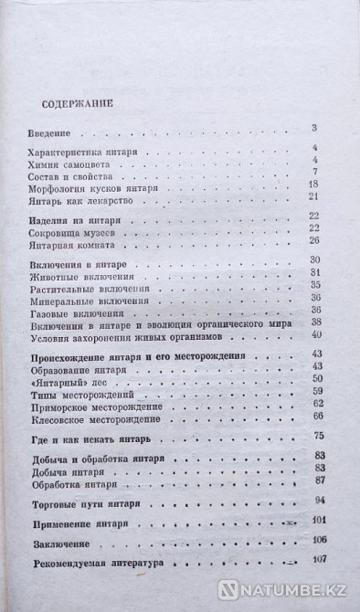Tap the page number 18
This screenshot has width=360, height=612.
pyautogui.click(x=312, y=184)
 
